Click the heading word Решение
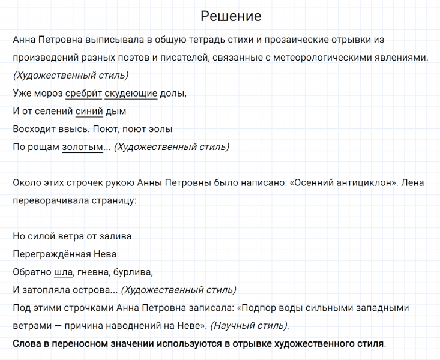pos(231,16)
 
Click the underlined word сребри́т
pos(83,94)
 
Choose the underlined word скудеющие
pos(131,94)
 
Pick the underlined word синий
pos(89,112)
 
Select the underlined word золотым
pos(82,147)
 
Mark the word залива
pos(115,236)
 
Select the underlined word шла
pos(63,272)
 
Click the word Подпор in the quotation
pos(257,308)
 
